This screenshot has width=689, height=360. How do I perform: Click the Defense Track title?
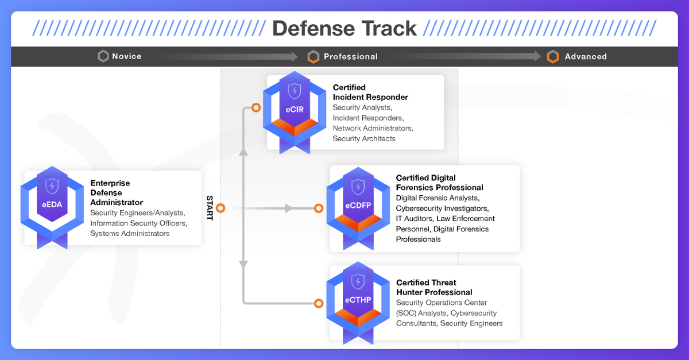[x=344, y=28]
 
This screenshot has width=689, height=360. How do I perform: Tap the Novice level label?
[x=126, y=56]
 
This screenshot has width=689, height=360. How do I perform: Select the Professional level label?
[x=350, y=56]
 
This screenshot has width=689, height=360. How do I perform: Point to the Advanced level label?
[x=585, y=56]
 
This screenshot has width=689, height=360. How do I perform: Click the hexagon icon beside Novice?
[x=103, y=56]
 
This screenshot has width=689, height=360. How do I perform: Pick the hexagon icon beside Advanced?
[x=553, y=56]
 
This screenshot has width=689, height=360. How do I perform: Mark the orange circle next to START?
[x=220, y=208]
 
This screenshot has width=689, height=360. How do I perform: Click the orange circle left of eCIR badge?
[x=256, y=107]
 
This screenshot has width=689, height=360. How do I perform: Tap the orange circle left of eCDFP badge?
[x=319, y=208]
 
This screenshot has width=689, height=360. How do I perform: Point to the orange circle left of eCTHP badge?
[x=319, y=303]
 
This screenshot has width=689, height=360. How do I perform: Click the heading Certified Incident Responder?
[x=370, y=92]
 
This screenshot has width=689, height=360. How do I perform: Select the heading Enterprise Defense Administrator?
[x=117, y=192]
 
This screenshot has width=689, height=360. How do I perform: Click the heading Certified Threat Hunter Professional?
[x=433, y=287]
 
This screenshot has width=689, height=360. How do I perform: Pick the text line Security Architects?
[x=364, y=138]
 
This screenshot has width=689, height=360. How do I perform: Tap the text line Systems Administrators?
[x=130, y=234]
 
